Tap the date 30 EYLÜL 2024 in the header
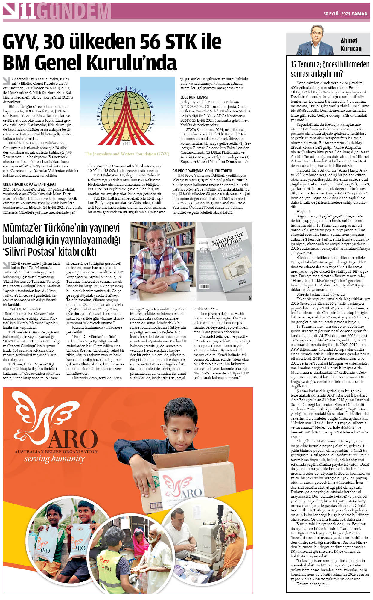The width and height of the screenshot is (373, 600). click(x=337, y=13)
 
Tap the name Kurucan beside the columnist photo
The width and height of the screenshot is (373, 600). click(x=351, y=49)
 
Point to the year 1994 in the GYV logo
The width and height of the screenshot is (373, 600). click(x=127, y=143)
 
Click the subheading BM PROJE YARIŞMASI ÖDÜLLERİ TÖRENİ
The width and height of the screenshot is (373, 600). click(x=202, y=170)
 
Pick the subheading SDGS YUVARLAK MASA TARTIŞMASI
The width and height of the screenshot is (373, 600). click(x=29, y=185)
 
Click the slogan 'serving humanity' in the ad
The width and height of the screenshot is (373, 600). click(x=54, y=459)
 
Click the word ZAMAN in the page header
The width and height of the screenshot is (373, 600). click(x=360, y=13)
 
